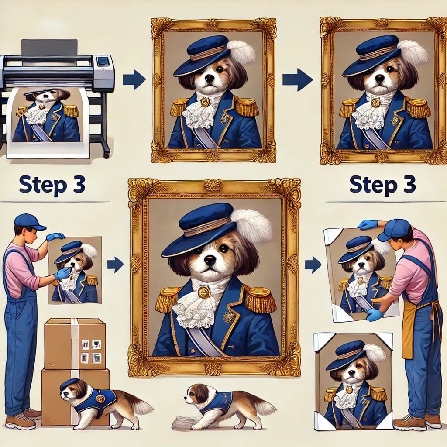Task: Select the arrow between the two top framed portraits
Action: point(297,79)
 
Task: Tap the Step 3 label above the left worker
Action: point(52,185)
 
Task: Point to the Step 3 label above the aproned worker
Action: point(382,185)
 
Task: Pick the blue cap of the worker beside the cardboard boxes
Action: point(28,222)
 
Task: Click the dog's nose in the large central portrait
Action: point(210,259)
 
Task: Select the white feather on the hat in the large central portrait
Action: point(252,227)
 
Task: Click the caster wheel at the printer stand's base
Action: point(107,155)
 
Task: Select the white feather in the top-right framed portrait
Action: point(413,52)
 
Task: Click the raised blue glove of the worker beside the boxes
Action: point(55,236)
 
